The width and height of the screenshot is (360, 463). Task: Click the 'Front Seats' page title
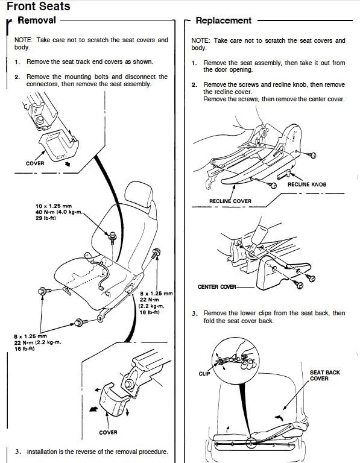39,6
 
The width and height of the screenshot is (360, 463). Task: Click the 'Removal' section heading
37,20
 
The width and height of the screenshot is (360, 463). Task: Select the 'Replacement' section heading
224,20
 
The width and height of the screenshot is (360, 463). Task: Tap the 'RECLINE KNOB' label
307,184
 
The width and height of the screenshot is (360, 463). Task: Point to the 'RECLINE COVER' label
230,201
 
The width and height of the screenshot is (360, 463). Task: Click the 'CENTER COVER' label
216,287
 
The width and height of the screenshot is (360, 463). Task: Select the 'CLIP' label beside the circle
204,374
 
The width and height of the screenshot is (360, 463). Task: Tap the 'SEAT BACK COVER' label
324,376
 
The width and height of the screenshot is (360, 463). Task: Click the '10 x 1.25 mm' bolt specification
54,206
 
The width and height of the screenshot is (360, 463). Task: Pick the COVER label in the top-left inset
35,163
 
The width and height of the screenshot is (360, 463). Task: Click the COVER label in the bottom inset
108,432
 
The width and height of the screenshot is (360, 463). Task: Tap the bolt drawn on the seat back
112,237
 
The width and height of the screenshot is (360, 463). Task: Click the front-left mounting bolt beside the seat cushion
45,291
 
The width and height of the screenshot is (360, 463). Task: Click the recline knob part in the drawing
284,174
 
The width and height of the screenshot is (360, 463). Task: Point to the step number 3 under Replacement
194,313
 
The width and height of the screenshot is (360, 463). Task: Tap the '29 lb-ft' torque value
46,218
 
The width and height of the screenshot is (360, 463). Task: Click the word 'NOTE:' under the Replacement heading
201,41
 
